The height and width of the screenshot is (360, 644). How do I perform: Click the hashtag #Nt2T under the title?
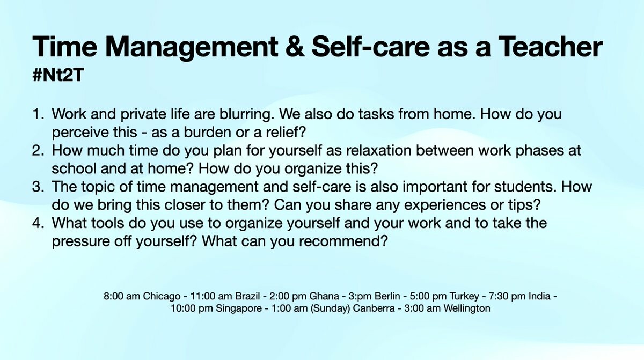[x=58, y=75]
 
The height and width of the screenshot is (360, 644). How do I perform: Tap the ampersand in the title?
[x=295, y=47]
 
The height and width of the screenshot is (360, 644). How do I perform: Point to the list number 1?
[x=38, y=114]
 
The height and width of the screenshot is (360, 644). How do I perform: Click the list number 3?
[x=38, y=187]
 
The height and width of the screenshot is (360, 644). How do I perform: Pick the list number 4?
[x=38, y=223]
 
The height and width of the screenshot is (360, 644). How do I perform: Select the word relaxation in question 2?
[x=379, y=151]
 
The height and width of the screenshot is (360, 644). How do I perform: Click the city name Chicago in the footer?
[x=162, y=296]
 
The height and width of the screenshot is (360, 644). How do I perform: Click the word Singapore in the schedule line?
[x=239, y=309]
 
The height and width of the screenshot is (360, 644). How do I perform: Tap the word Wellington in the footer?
[x=466, y=309]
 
